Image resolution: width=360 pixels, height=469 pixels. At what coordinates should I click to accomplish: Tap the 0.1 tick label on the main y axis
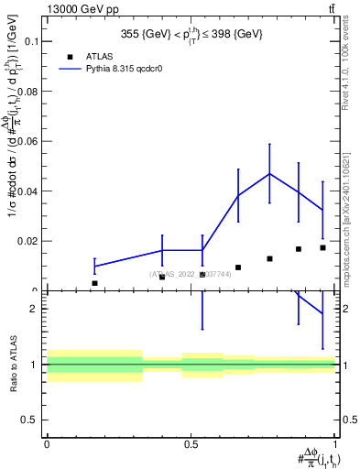[x=29, y=41]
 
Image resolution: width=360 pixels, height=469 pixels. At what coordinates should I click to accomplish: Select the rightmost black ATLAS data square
[x=322, y=247]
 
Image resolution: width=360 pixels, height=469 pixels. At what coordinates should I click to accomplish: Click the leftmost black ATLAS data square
[x=94, y=283]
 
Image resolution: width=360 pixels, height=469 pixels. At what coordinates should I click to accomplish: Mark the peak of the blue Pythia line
[x=269, y=173]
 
